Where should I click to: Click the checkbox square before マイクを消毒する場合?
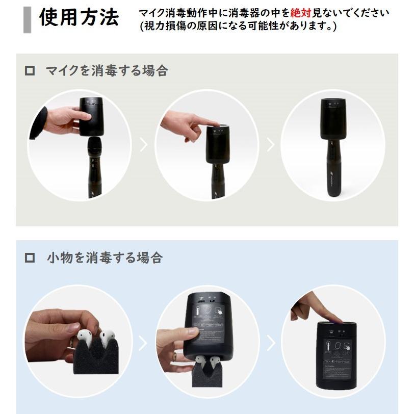point(30,71)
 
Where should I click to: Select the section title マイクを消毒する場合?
point(107,71)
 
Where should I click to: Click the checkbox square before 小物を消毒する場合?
point(30,257)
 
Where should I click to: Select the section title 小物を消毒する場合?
point(104,257)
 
